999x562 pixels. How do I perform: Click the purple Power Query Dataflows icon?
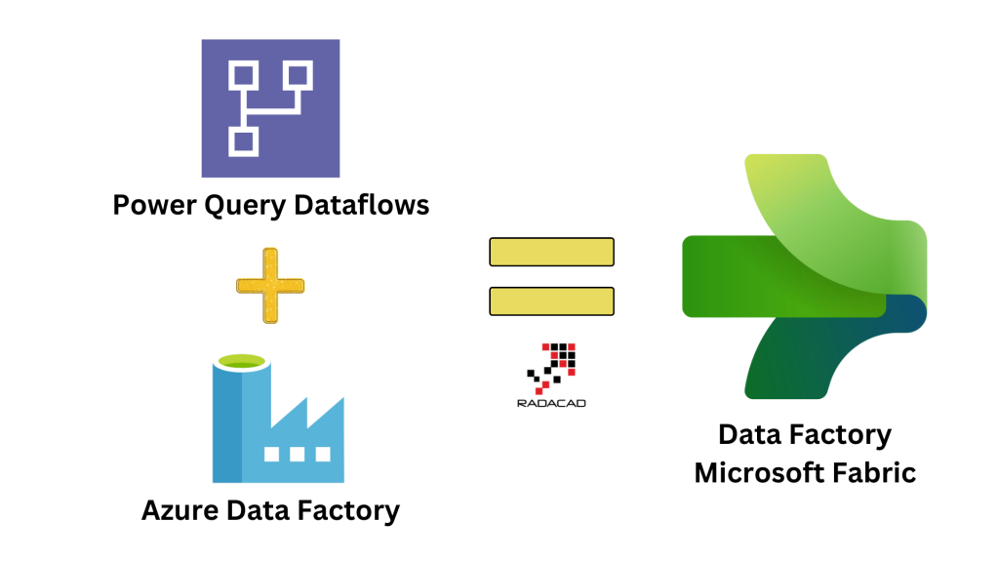[270, 107]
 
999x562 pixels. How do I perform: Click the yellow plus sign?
[270, 286]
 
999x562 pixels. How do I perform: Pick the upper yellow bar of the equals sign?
[551, 252]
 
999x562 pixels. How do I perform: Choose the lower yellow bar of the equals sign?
[551, 301]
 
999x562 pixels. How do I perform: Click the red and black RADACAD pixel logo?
[552, 366]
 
